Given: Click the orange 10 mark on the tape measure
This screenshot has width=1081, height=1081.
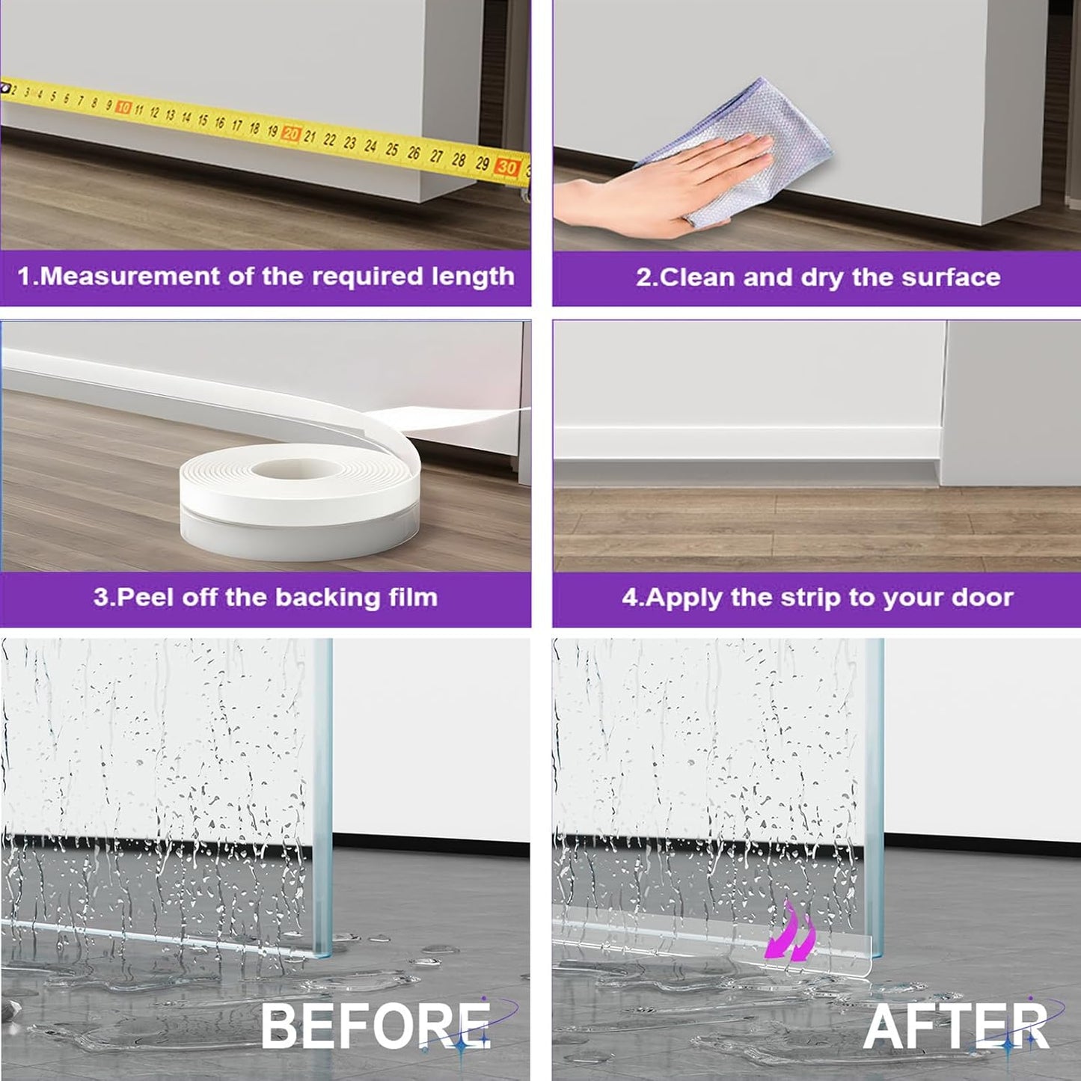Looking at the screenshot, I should [124, 108].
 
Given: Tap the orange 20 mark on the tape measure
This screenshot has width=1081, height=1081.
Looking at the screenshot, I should [291, 133].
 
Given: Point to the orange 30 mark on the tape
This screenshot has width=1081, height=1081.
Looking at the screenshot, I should [507, 168].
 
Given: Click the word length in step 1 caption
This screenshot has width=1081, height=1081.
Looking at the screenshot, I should [473, 277].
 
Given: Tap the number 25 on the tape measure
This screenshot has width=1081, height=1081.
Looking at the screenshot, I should [392, 149].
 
